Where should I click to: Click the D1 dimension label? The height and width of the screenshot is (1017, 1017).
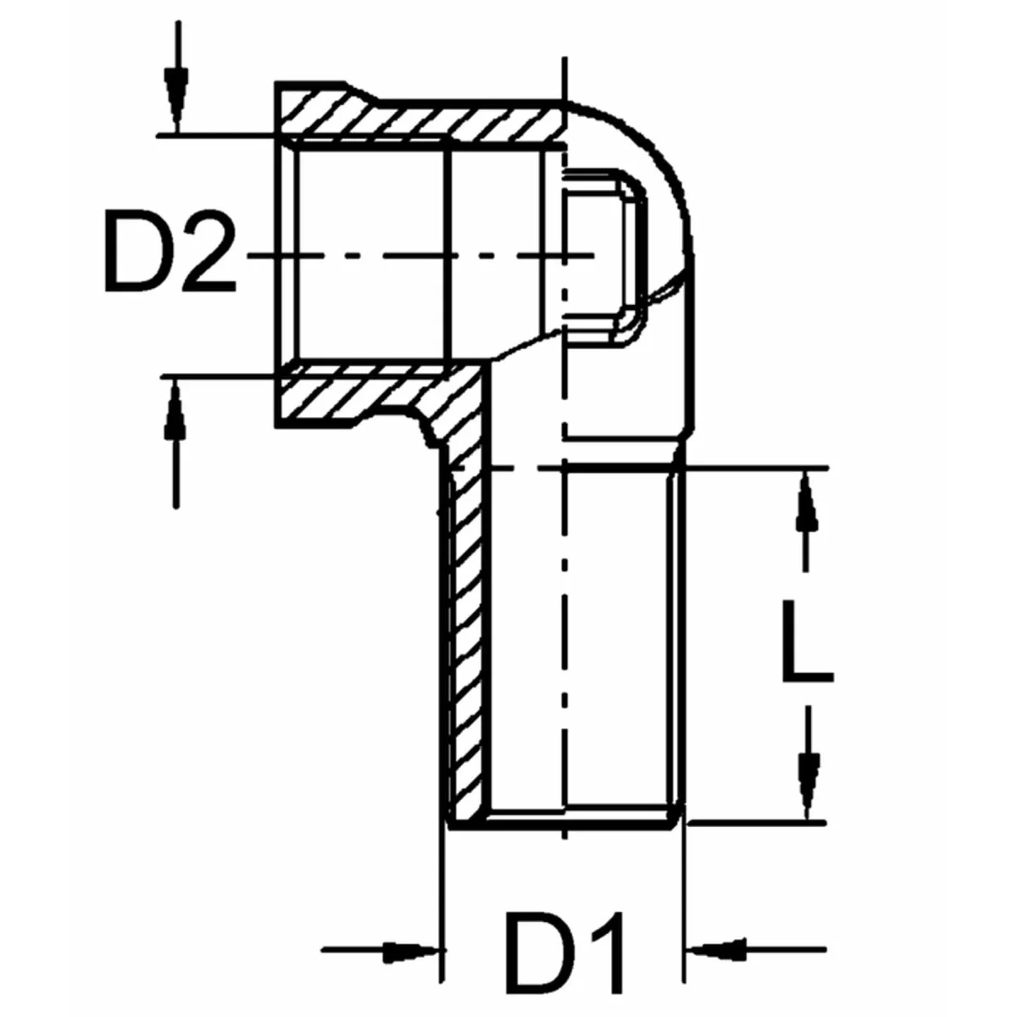pos(566,954)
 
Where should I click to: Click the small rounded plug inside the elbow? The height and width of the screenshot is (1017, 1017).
pos(606,254)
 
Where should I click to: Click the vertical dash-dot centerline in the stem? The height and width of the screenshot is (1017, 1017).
pos(561,636)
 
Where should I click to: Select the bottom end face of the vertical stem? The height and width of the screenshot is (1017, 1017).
pos(564,820)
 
